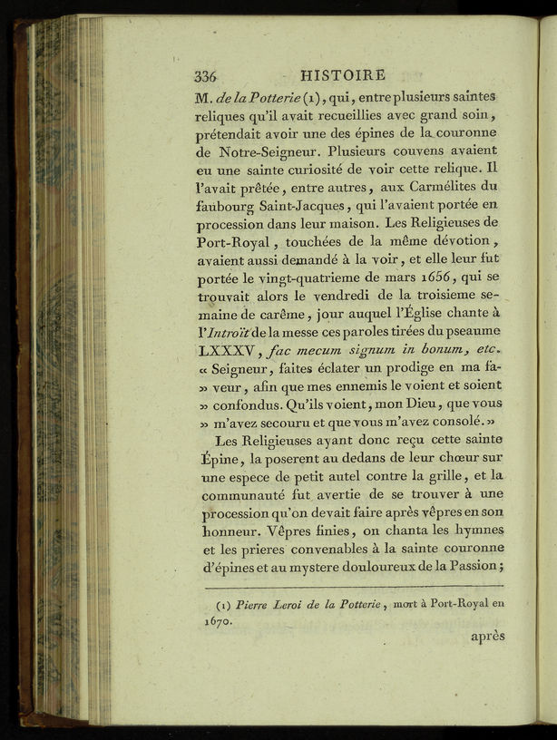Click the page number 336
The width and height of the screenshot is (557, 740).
point(210,76)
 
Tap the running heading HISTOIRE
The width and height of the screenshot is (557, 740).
point(342,75)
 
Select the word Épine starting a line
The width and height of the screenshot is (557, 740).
point(215,460)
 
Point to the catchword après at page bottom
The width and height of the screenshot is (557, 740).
point(486,637)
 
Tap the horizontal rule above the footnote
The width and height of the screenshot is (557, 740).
point(349,586)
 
